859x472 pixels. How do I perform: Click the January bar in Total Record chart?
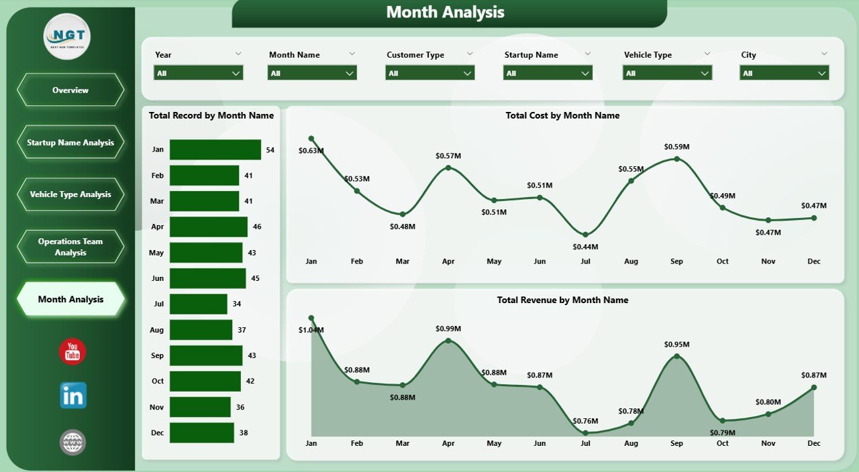[215, 150]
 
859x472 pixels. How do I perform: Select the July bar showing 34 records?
[198, 304]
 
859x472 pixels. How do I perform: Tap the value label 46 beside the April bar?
[257, 227]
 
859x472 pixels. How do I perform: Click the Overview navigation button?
[70, 90]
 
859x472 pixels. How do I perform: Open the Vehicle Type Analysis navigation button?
[70, 194]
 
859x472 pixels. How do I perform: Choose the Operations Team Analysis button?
[70, 247]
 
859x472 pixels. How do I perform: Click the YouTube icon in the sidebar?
[72, 352]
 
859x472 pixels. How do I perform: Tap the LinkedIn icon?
[72, 396]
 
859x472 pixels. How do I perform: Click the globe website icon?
[72, 442]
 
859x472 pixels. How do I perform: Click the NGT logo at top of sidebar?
[67, 36]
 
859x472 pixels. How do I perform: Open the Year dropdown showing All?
[198, 73]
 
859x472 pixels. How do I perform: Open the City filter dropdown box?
[784, 73]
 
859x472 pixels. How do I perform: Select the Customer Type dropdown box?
[429, 73]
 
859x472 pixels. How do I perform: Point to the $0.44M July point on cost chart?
[585, 235]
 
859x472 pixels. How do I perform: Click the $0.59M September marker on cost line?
[676, 159]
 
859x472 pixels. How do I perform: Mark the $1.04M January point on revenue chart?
[311, 318]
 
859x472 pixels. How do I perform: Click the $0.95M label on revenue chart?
[676, 344]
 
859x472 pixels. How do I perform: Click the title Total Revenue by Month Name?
[562, 300]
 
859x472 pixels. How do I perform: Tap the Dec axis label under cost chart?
[813, 261]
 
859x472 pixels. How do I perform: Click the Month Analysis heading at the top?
[445, 12]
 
